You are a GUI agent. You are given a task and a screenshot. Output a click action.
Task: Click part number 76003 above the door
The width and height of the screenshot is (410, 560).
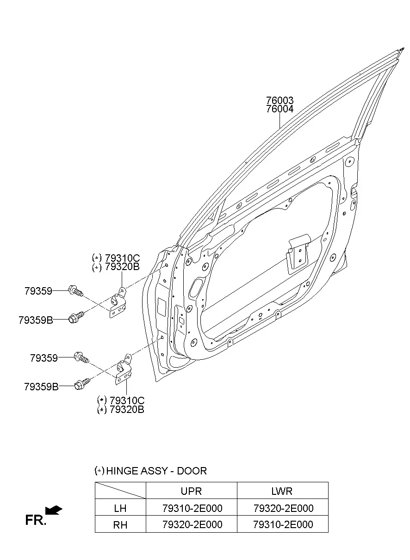click(280, 100)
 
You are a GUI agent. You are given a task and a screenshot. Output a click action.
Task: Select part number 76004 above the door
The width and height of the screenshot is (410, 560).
click(280, 109)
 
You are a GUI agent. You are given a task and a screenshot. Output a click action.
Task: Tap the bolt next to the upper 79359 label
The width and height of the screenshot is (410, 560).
click(75, 291)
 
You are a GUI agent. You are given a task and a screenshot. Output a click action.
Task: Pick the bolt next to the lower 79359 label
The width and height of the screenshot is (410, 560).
click(81, 358)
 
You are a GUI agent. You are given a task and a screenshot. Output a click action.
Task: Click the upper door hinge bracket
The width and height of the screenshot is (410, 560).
click(118, 302)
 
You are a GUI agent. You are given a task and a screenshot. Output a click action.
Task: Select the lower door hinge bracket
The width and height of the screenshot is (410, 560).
click(124, 369)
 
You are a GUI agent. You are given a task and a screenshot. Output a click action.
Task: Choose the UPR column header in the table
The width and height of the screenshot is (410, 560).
click(191, 491)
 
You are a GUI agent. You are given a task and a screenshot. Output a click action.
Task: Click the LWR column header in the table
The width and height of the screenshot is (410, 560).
click(282, 491)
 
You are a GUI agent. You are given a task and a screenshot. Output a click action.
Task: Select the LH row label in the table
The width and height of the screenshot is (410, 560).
click(120, 509)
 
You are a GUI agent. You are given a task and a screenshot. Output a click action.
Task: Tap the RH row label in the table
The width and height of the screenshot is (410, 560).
click(120, 525)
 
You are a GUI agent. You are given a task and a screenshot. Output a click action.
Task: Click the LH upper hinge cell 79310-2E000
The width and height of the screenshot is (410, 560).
click(193, 508)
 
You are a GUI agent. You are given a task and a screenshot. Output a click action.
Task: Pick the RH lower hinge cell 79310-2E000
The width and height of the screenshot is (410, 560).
click(283, 524)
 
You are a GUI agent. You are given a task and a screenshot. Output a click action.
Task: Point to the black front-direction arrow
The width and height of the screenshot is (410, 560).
click(54, 510)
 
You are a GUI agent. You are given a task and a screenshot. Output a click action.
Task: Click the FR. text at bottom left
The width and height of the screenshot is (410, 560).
click(36, 520)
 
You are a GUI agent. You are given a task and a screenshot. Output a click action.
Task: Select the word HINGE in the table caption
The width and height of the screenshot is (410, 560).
click(122, 471)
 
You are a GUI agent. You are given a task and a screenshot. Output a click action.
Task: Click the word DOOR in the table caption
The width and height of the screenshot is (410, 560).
click(192, 471)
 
